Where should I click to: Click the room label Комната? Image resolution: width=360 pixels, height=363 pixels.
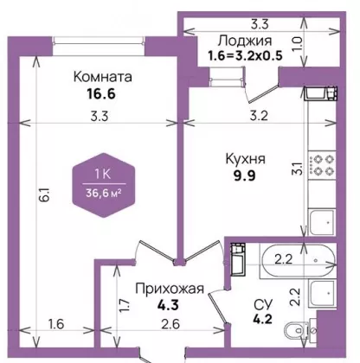[x=103, y=77]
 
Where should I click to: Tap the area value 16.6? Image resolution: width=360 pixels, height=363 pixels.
[x=101, y=93]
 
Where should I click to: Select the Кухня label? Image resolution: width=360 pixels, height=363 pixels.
[x=246, y=159]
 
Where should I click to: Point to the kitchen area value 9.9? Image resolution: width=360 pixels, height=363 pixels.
[x=245, y=175]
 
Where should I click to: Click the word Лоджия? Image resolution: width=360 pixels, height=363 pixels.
[x=245, y=41]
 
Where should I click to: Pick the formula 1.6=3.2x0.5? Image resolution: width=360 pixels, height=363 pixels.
[x=245, y=56]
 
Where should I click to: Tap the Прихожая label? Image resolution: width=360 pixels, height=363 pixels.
[x=170, y=289]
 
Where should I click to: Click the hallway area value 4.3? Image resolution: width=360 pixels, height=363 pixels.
[x=168, y=304]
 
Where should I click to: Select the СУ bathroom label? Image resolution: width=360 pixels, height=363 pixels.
[x=263, y=303]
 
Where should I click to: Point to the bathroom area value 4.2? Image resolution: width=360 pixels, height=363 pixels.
[x=262, y=319]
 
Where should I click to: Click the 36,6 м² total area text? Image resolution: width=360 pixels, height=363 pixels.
[x=103, y=193]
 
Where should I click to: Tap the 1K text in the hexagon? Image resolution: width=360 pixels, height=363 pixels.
[x=103, y=174]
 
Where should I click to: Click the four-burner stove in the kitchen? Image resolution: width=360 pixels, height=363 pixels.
[x=322, y=165]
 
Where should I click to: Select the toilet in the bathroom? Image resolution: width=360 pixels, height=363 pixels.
[x=300, y=329]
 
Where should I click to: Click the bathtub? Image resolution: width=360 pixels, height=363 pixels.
[x=298, y=261]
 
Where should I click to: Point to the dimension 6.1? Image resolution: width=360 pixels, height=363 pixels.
[x=47, y=195]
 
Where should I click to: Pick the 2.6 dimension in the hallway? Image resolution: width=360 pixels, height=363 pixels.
[x=170, y=324]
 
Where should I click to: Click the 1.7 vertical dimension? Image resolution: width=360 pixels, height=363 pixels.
[x=125, y=306]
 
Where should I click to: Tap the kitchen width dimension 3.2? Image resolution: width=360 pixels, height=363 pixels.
[x=259, y=116]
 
